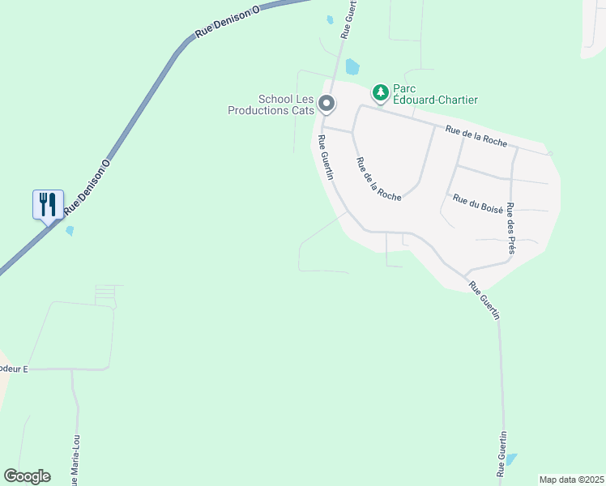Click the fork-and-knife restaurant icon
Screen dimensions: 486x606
click(47, 203)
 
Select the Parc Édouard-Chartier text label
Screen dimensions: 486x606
click(435, 94)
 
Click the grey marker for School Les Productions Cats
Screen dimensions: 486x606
click(326, 104)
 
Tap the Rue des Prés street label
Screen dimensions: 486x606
click(510, 228)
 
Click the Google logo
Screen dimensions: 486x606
click(27, 476)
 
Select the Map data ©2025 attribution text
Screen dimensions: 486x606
click(571, 480)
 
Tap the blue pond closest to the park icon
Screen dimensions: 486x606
click(352, 66)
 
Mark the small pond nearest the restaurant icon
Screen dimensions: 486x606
click(70, 231)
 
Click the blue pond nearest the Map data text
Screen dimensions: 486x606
click(510, 459)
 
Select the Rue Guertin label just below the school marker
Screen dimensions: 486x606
click(326, 157)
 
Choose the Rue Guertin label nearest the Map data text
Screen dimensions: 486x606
click(502, 454)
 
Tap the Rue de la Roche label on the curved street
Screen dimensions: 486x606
click(378, 179)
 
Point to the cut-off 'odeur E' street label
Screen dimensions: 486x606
click(14, 369)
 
